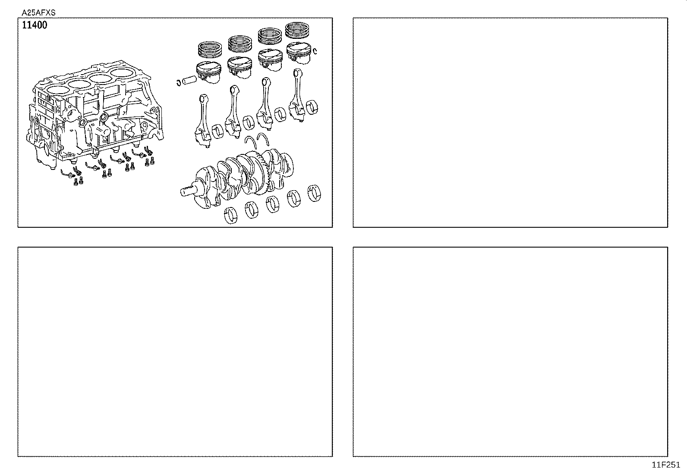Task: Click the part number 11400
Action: click(x=35, y=25)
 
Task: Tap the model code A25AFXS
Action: click(x=38, y=13)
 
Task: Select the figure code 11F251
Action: click(x=665, y=465)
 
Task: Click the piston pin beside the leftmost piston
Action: click(x=189, y=80)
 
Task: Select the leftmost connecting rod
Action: click(x=202, y=121)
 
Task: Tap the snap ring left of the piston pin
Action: click(x=178, y=82)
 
